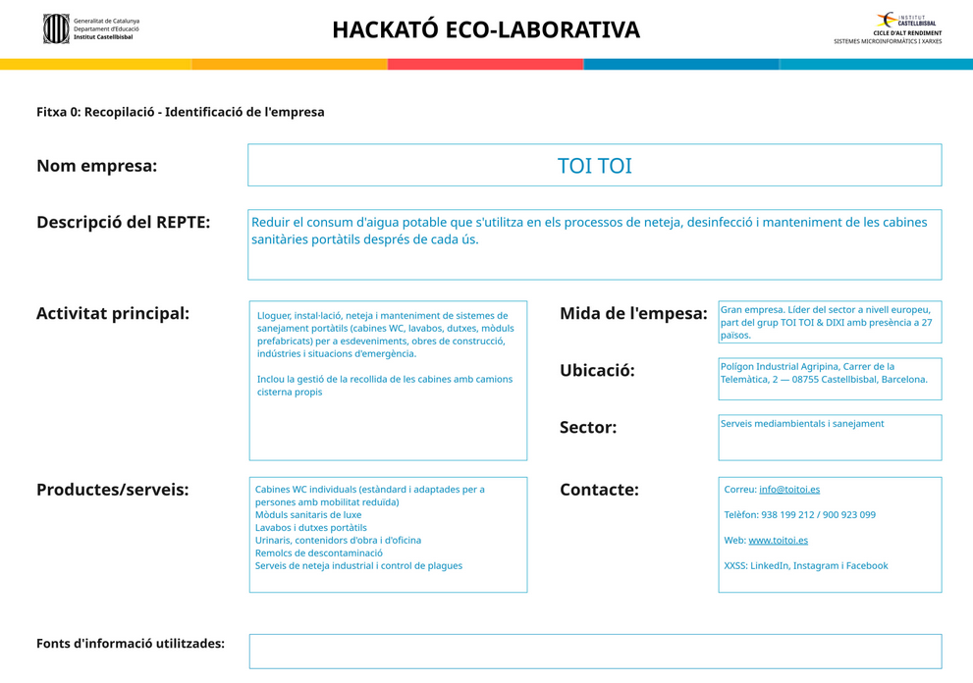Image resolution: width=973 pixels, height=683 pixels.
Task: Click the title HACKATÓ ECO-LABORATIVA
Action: [485, 30]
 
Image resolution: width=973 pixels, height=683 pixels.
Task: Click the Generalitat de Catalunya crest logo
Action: [56, 28]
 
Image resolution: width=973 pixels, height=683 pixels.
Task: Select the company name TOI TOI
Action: [594, 166]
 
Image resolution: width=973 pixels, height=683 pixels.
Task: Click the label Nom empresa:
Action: [96, 166]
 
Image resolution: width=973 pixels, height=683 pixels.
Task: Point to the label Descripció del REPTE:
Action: [123, 223]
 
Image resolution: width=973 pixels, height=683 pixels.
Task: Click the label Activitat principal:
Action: [112, 314]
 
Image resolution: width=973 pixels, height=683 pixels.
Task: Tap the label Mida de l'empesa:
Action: [633, 314]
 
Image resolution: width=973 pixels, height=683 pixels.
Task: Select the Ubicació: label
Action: [597, 371]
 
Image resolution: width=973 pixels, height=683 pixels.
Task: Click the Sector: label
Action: [588, 428]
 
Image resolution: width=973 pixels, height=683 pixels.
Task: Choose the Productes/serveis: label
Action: [112, 490]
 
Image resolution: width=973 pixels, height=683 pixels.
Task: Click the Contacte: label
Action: [599, 490]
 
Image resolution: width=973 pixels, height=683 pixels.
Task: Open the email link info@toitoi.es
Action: [789, 490]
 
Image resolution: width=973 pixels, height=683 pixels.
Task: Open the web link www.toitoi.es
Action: [778, 541]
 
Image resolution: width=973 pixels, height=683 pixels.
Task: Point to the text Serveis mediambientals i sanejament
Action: [802, 424]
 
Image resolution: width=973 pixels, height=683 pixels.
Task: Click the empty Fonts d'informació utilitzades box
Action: [595, 652]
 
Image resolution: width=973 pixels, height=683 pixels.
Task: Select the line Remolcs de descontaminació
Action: [319, 553]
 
